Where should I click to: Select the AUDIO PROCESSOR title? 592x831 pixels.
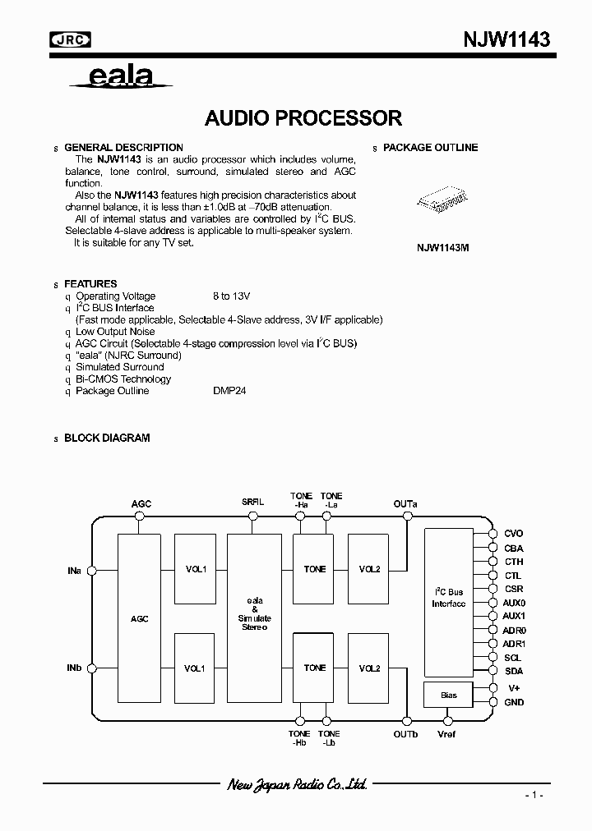tap(303, 118)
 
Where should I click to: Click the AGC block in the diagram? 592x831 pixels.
tap(140, 618)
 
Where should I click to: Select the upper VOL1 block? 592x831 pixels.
tap(196, 569)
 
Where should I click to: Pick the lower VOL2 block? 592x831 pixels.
tap(369, 668)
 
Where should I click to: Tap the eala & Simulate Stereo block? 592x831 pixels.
tap(254, 618)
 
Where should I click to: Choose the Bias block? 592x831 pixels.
tap(448, 695)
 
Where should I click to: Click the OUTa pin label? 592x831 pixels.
tap(405, 503)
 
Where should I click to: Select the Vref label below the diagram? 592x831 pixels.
tap(447, 734)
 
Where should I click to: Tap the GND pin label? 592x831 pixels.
tap(513, 702)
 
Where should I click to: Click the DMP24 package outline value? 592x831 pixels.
tap(229, 391)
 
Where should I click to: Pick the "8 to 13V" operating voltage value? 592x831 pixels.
tap(231, 296)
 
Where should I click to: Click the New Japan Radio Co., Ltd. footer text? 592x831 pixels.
tap(296, 785)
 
